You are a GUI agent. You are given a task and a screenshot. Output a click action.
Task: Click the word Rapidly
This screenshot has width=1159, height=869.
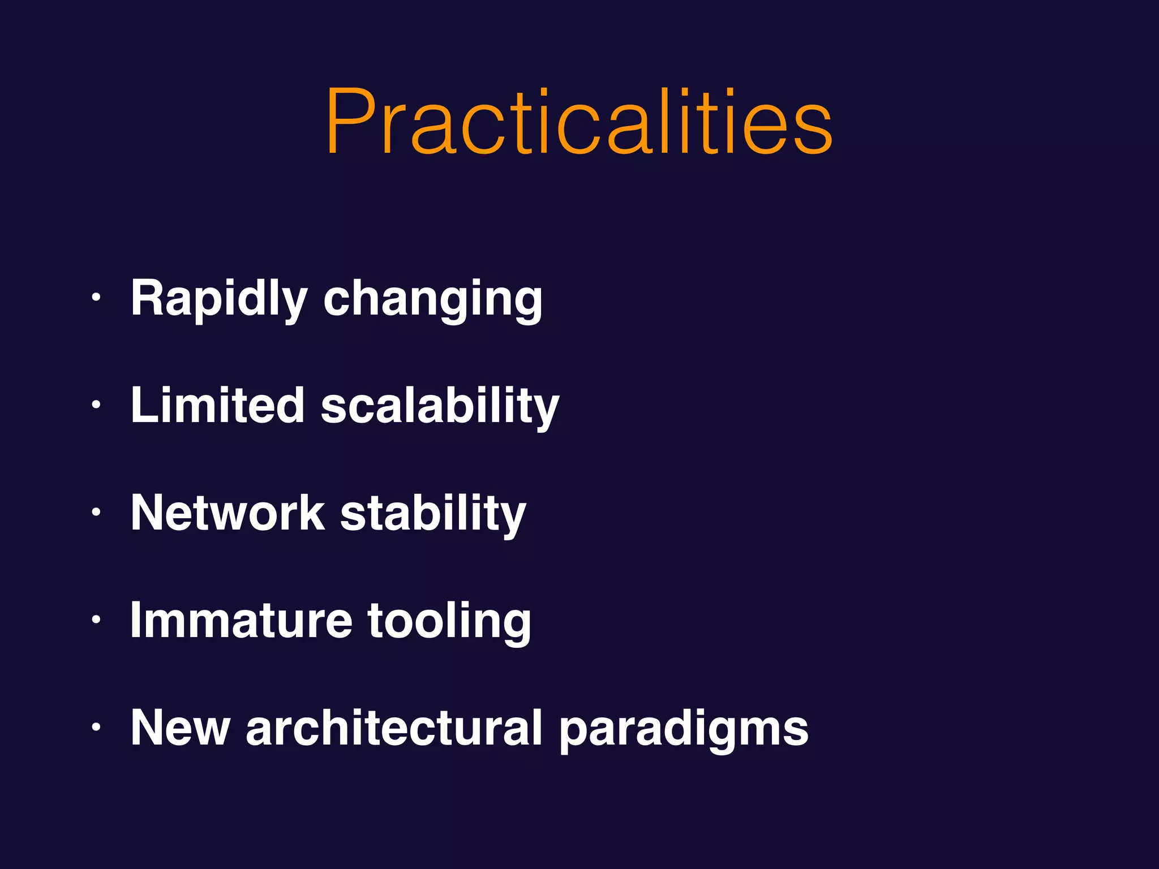click(219, 299)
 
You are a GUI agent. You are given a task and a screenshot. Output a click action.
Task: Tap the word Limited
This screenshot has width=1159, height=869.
click(218, 405)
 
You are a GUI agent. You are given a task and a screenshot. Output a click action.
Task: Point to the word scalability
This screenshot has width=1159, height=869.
click(440, 406)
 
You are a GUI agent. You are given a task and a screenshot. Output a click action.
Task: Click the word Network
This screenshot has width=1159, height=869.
click(227, 513)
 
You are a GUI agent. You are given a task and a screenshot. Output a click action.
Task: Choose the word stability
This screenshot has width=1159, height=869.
click(433, 514)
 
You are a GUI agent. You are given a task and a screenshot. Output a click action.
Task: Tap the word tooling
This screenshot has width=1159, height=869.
click(449, 621)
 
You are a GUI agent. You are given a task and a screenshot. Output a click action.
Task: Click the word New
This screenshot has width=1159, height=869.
click(180, 728)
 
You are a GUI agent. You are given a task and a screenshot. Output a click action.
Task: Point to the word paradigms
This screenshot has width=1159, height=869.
click(684, 730)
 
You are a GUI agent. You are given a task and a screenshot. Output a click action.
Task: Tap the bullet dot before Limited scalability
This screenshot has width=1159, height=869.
click(96, 405)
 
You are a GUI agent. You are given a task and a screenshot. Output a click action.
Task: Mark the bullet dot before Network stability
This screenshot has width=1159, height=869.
click(96, 512)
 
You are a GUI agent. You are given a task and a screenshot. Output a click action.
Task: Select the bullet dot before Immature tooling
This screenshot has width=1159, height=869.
click(96, 620)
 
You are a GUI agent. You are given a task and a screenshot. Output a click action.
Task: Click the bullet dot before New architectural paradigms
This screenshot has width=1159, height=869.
click(96, 727)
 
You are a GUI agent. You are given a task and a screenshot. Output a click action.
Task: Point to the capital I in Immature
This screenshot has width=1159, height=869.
click(135, 620)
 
